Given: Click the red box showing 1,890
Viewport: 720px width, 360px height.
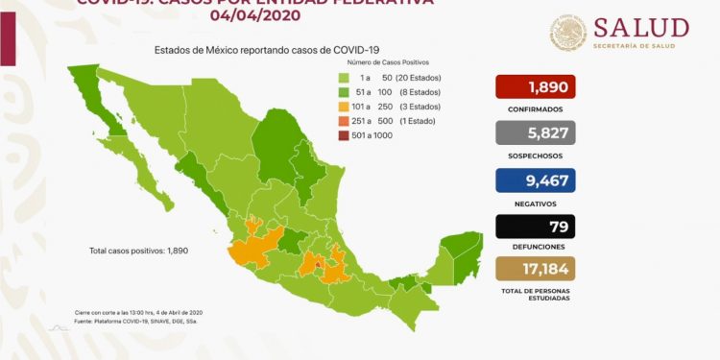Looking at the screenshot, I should tap(536, 88).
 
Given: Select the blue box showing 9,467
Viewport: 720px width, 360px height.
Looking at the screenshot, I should tap(536, 180).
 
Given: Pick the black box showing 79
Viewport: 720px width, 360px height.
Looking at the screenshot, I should tap(536, 228).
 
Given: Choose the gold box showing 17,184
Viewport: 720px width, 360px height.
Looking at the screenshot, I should tap(536, 271).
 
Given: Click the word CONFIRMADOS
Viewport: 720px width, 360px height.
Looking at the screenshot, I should tap(536, 109).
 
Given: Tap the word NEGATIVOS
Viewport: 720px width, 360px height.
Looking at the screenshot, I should tap(536, 202).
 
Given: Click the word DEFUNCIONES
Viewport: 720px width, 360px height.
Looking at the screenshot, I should tap(536, 248).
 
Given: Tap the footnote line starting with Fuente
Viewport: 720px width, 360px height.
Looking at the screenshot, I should tap(138, 323).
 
